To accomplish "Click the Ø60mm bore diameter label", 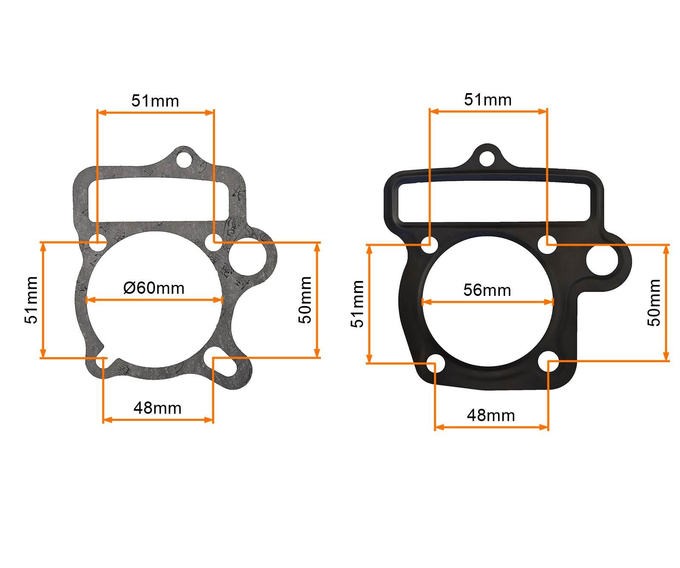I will point(154,288).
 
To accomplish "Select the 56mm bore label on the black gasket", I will point(487,290).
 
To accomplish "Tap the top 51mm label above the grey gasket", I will point(155,101).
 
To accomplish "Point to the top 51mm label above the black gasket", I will point(488,99).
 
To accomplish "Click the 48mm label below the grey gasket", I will point(157,408).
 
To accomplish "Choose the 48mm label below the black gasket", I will point(491,415).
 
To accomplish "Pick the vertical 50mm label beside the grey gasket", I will point(305,300).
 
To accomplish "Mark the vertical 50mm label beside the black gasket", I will point(654,302).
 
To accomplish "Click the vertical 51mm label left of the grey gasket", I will point(32,300).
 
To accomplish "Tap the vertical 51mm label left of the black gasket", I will point(358,304).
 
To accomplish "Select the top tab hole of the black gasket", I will point(487,158).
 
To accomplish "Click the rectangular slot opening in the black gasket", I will point(493,201).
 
